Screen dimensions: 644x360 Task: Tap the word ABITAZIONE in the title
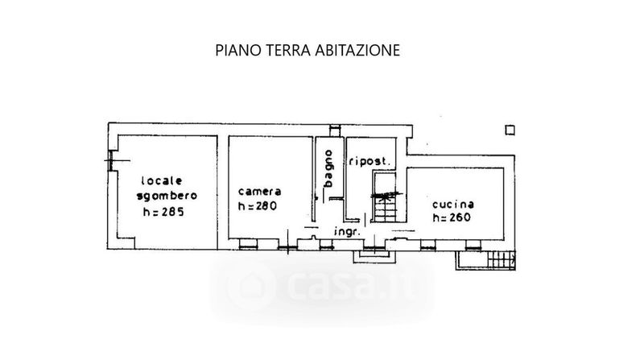pyautogui.click(x=357, y=50)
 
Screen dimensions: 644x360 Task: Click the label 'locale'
pyautogui.click(x=162, y=181)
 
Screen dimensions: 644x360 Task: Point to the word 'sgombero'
pyautogui.click(x=167, y=196)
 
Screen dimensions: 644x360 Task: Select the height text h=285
pyautogui.click(x=163, y=212)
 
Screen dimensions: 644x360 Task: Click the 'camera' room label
pyautogui.click(x=259, y=192)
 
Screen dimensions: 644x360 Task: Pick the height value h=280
pyautogui.click(x=258, y=205)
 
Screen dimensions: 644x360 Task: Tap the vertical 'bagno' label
pyautogui.click(x=328, y=168)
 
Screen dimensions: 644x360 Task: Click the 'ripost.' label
pyautogui.click(x=369, y=162)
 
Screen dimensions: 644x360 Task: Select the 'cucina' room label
pyautogui.click(x=453, y=205)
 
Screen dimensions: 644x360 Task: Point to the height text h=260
pyautogui.click(x=452, y=217)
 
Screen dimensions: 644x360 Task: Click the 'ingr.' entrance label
pyautogui.click(x=348, y=232)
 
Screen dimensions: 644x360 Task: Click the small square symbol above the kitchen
pyautogui.click(x=510, y=130)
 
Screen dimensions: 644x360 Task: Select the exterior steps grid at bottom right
pyautogui.click(x=502, y=259)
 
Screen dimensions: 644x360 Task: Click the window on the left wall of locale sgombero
pyautogui.click(x=110, y=161)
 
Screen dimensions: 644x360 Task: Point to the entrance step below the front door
pyautogui.click(x=374, y=256)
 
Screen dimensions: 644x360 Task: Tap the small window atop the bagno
pyautogui.click(x=335, y=130)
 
